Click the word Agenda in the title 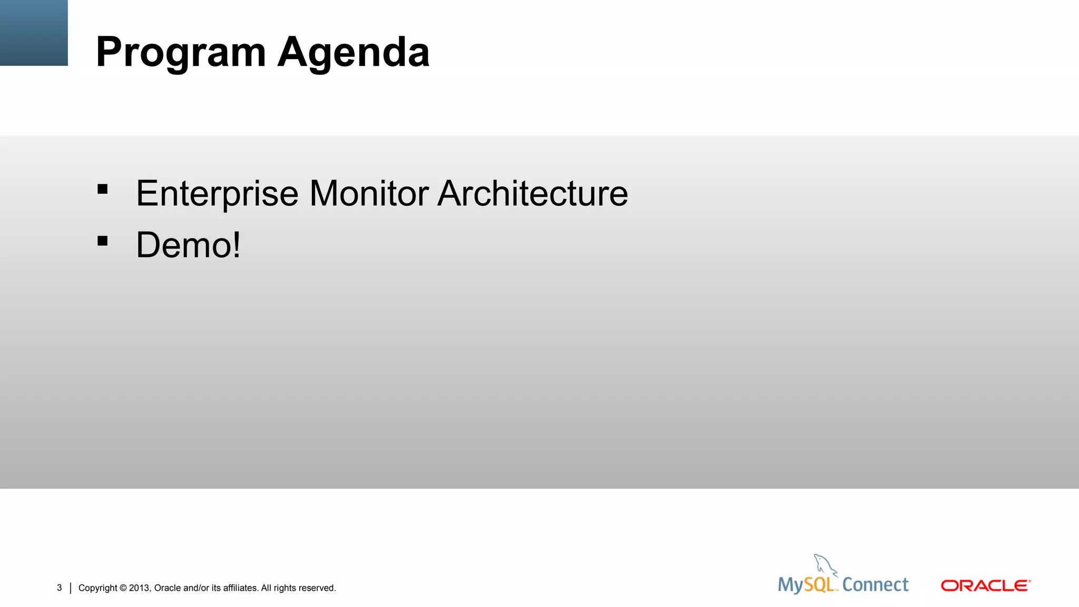354,53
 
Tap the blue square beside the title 34,33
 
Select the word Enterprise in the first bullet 217,194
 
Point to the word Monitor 369,193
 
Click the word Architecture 533,193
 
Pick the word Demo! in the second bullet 188,245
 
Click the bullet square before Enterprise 103,189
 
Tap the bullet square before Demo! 103,241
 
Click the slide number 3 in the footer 60,588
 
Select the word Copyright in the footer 97,588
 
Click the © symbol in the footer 123,588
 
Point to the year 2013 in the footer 140,588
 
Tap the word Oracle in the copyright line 167,588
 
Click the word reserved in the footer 318,588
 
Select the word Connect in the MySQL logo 875,585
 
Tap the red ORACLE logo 985,586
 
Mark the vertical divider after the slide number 71,588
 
